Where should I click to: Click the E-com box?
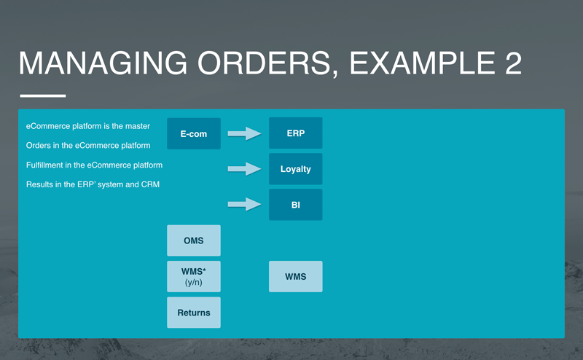click(x=193, y=133)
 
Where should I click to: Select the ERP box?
click(x=295, y=133)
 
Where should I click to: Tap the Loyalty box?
click(x=295, y=169)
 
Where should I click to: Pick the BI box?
click(x=295, y=205)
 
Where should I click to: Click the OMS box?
click(x=193, y=240)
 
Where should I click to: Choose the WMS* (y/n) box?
click(x=193, y=276)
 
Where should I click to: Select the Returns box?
click(x=193, y=313)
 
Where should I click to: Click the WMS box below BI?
click(x=295, y=276)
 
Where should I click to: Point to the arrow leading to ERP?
click(x=244, y=133)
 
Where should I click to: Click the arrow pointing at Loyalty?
click(x=244, y=169)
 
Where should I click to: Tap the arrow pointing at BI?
click(x=244, y=205)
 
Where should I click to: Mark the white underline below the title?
click(x=42, y=95)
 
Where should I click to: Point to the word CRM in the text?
click(x=149, y=184)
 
